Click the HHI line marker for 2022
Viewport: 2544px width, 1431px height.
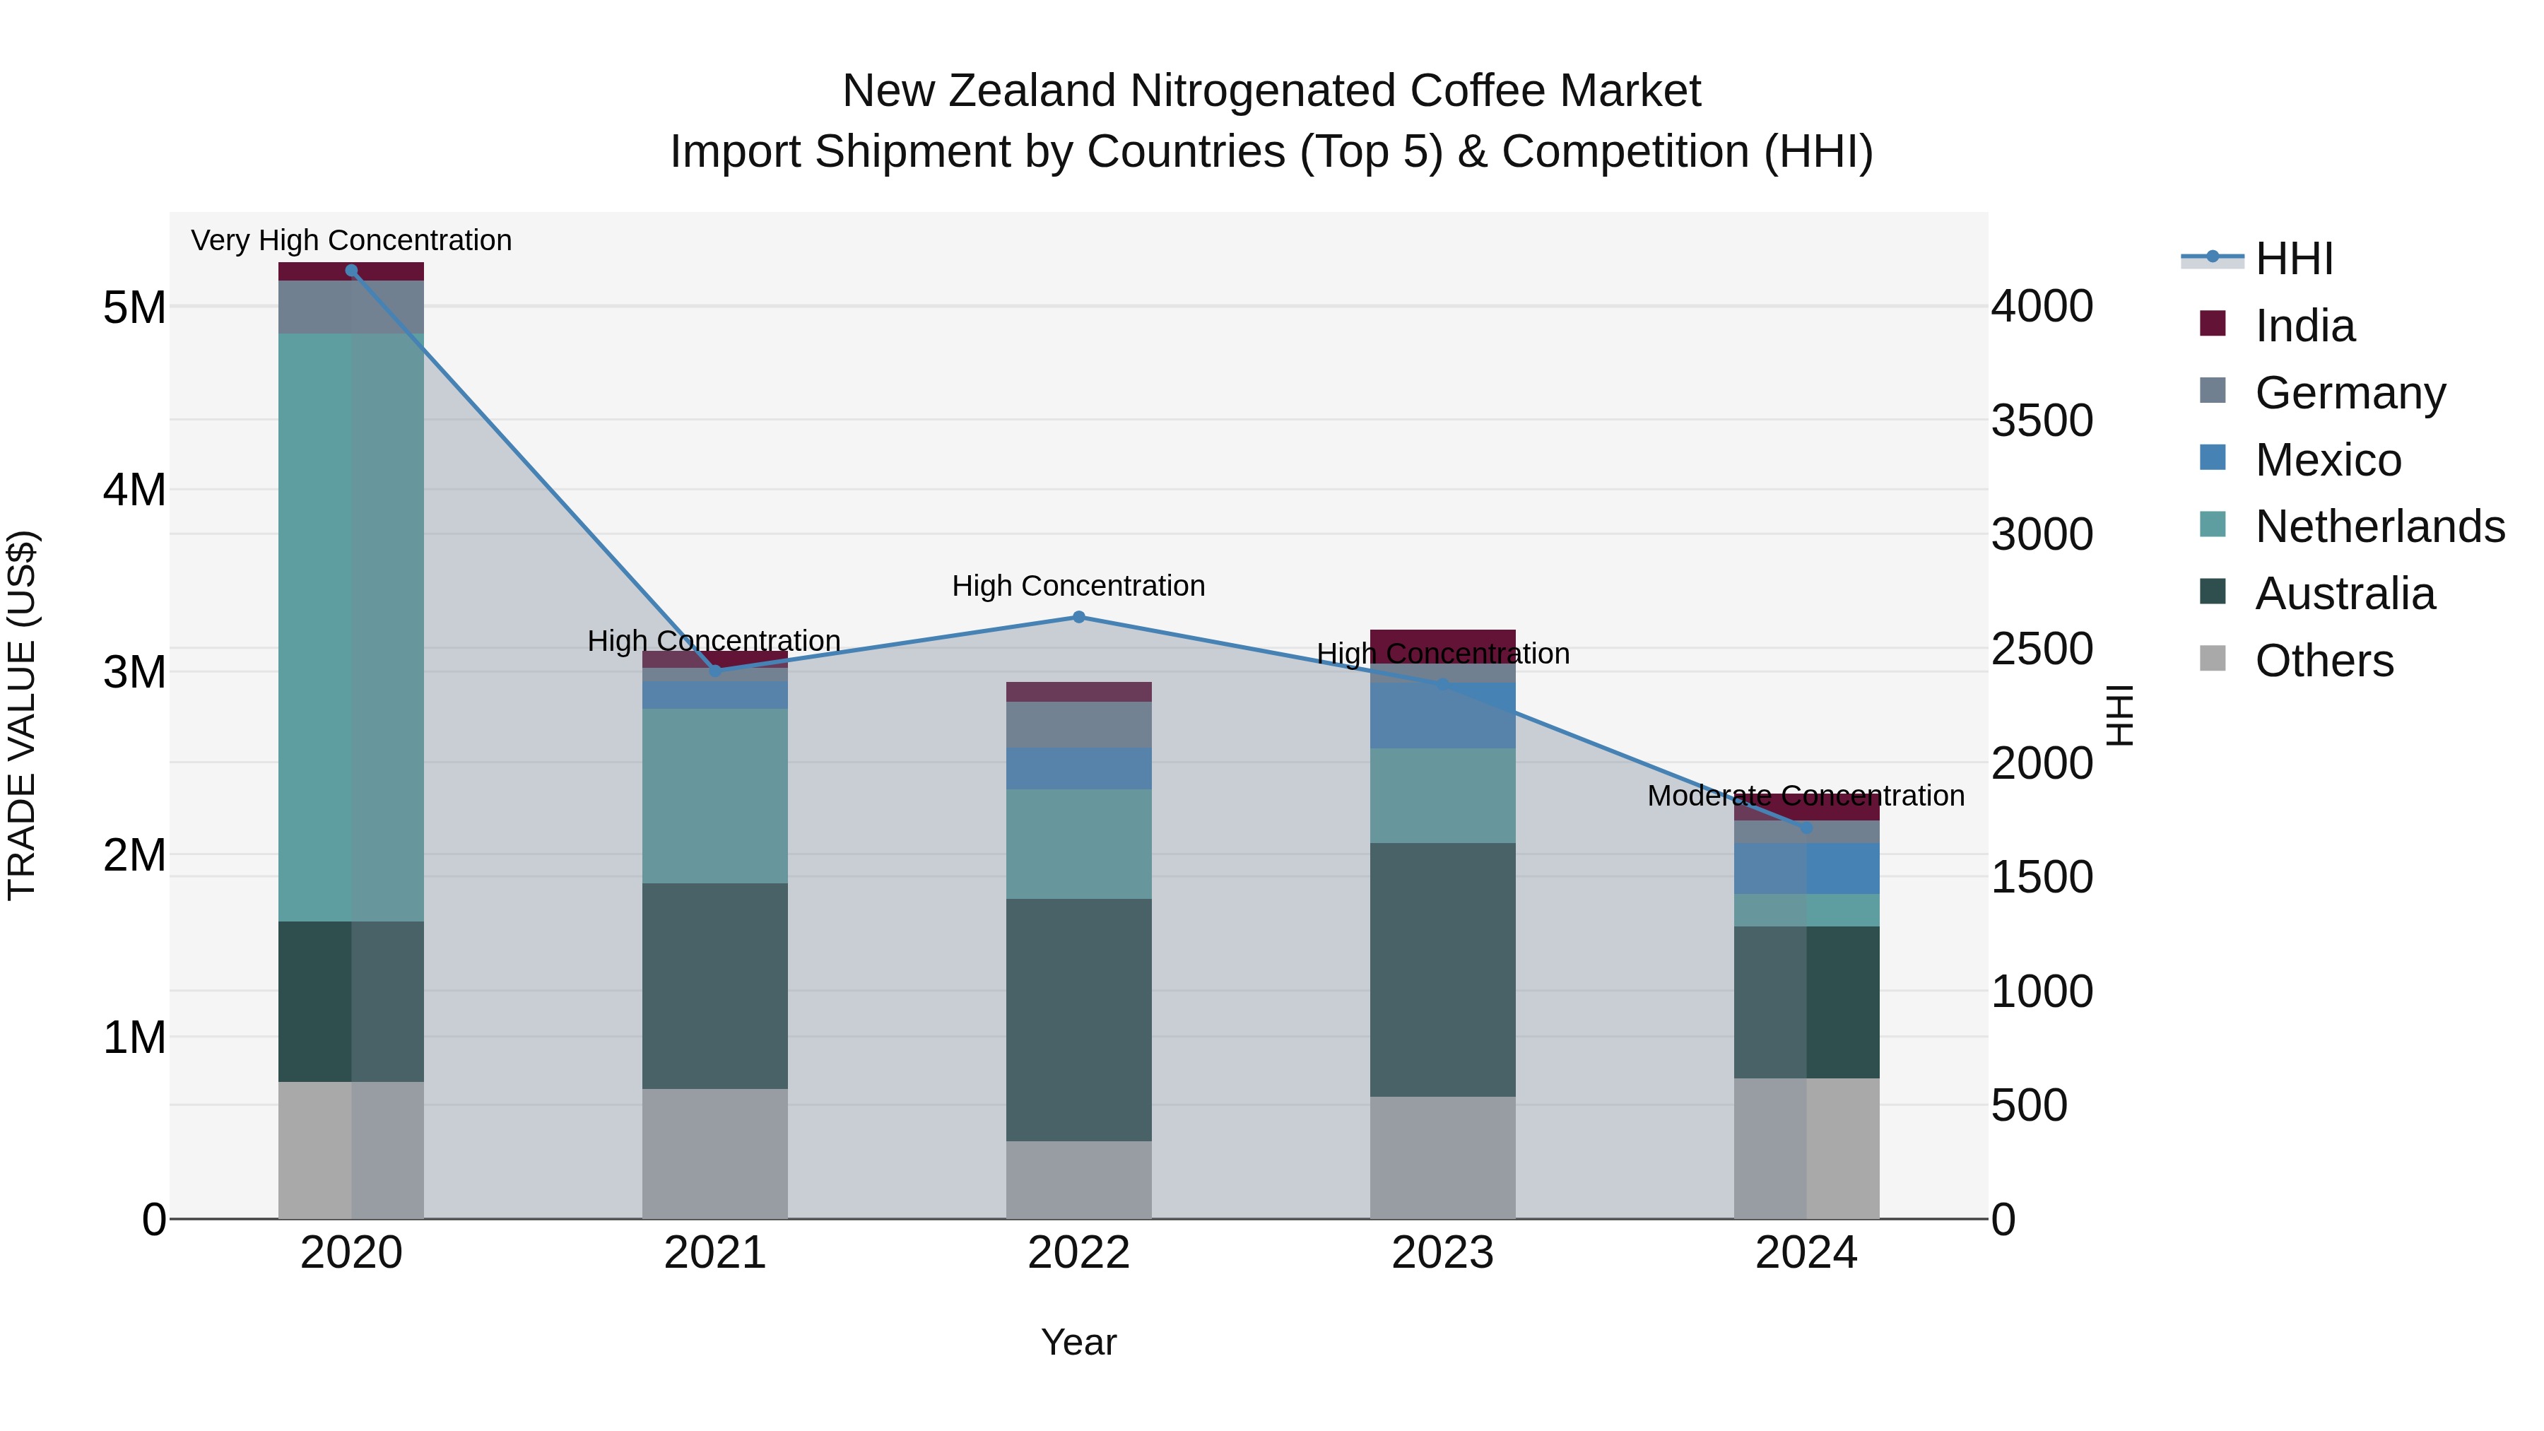pos(1078,617)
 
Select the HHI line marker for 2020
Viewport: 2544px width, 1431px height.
pos(352,271)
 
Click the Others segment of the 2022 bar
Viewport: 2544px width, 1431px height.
pos(1078,1179)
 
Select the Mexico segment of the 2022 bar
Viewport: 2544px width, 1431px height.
pos(1078,768)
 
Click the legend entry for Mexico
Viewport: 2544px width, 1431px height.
pos(2328,460)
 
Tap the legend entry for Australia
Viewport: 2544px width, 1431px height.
pos(2345,594)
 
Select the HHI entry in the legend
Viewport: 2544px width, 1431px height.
pos(2293,259)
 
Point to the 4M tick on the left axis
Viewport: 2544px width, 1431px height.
pos(134,490)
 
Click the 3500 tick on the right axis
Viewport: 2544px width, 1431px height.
pos(2042,420)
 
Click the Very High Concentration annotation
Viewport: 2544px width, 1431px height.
pos(352,241)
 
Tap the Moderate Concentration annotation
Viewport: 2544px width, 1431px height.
pos(1806,796)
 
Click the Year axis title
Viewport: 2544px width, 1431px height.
pos(1078,1343)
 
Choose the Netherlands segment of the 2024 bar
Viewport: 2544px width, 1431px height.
pos(1806,909)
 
